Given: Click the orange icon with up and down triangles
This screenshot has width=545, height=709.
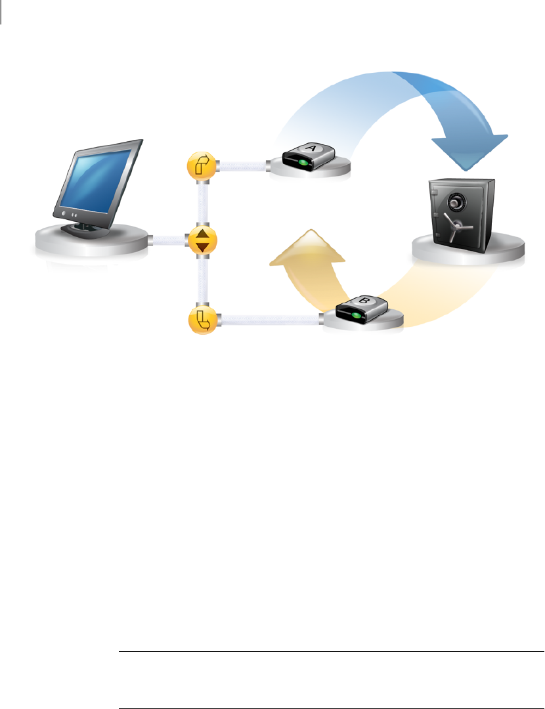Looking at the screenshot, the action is coord(202,240).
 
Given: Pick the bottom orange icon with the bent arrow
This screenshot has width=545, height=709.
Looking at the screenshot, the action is coord(202,320).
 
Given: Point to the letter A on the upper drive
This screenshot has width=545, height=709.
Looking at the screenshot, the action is coord(311,150).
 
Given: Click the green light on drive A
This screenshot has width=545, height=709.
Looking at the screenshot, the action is coord(301,162).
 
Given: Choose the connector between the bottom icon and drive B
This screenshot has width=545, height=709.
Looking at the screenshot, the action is coord(269,320).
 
